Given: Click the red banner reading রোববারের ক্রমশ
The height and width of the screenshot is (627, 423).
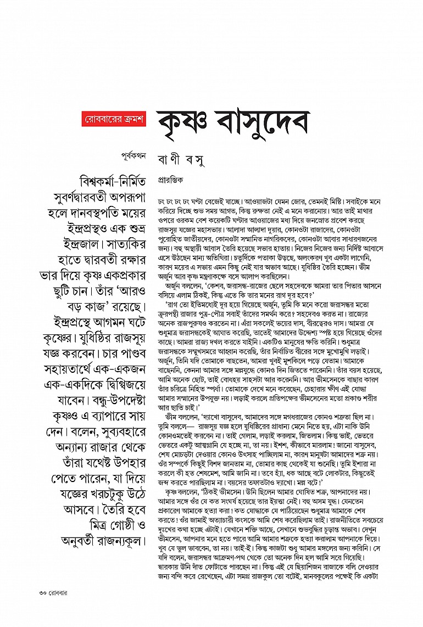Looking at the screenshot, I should coord(113,119).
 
